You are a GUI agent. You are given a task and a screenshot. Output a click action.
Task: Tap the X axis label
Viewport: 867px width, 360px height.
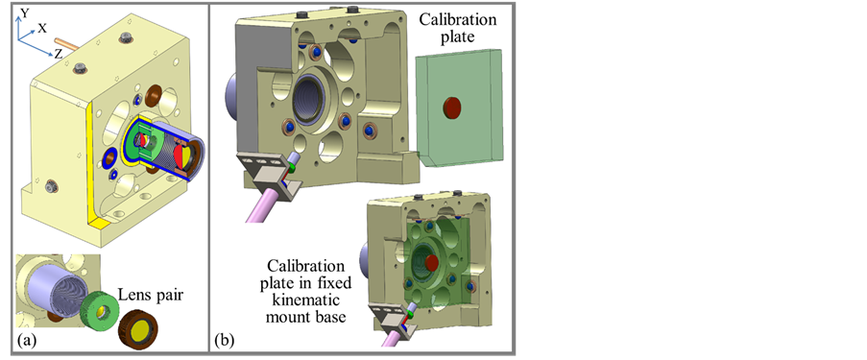(x=42, y=29)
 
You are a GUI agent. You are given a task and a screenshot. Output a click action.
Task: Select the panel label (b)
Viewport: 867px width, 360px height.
(x=225, y=341)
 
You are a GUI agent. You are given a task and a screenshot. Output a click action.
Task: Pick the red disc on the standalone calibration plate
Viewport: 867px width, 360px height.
(x=452, y=108)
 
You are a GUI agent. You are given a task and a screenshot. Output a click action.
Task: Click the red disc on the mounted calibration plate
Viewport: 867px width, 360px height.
(x=432, y=263)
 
